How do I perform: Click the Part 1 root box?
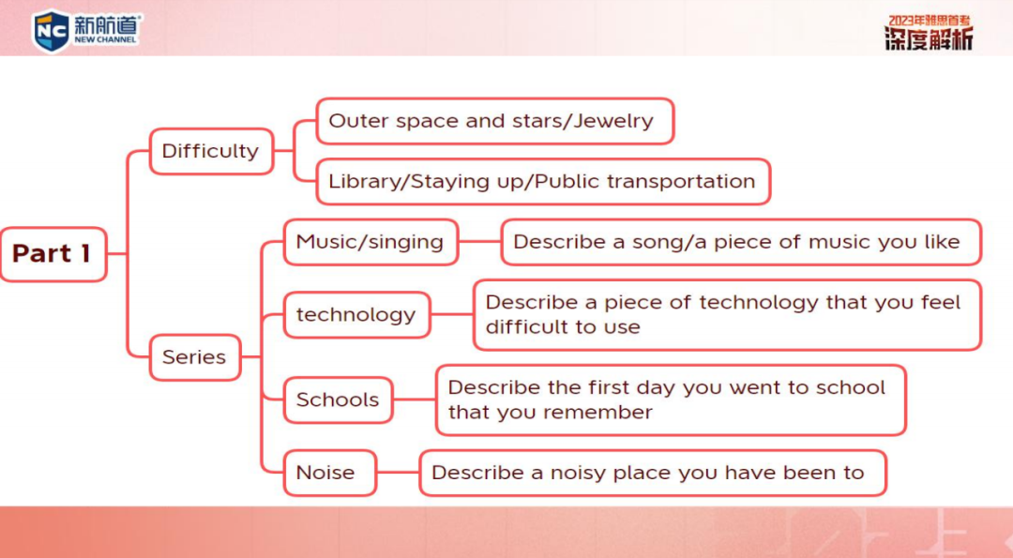53,254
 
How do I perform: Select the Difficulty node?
211,151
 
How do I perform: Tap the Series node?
195,357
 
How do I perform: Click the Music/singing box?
370,242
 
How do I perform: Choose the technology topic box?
356,314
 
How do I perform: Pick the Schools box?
338,400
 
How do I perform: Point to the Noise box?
329,473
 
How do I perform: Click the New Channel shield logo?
51,30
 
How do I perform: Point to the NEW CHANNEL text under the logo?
105,39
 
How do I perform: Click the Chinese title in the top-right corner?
929,32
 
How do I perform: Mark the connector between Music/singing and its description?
480,242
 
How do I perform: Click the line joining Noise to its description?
398,473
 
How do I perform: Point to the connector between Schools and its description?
415,400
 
